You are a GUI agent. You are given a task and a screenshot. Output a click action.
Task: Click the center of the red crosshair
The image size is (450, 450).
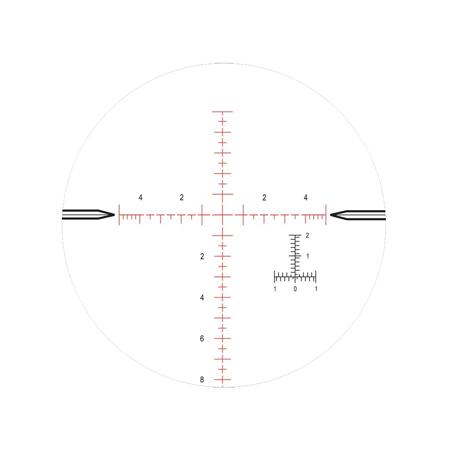(222, 215)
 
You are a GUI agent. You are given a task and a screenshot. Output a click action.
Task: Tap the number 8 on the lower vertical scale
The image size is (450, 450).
(202, 380)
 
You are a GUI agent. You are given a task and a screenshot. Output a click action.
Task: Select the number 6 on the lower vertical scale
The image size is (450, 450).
(202, 339)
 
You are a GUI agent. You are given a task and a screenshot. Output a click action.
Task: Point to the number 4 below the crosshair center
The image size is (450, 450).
(202, 298)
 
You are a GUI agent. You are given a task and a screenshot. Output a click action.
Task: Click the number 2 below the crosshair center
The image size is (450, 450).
(202, 256)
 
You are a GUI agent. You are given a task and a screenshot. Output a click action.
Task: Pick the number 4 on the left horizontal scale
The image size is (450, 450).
(141, 197)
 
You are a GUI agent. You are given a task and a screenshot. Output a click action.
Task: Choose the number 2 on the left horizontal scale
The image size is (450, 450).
(181, 197)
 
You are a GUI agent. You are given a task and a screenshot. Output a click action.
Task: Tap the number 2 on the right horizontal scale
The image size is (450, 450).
(264, 197)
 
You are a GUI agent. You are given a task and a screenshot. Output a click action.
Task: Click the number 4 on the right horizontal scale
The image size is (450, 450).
(305, 197)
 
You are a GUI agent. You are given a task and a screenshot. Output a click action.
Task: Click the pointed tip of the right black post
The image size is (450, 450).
(330, 215)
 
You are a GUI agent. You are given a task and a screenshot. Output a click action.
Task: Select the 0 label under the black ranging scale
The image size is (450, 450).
(295, 289)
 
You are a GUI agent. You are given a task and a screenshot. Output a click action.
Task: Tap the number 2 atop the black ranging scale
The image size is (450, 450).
(308, 236)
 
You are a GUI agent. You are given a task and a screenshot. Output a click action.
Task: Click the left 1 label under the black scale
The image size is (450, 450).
(275, 289)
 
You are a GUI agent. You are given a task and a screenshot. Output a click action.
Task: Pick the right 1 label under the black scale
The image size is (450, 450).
(316, 289)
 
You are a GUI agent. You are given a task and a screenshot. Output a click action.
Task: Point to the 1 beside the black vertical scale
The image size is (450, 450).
(308, 256)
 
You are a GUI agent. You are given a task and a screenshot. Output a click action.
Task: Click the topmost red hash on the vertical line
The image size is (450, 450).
(222, 112)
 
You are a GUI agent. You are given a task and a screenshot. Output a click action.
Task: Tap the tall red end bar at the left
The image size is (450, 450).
(119, 215)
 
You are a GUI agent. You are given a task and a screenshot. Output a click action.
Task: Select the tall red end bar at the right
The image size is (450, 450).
(326, 215)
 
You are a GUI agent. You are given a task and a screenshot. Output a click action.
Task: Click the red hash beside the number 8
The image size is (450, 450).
(222, 380)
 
